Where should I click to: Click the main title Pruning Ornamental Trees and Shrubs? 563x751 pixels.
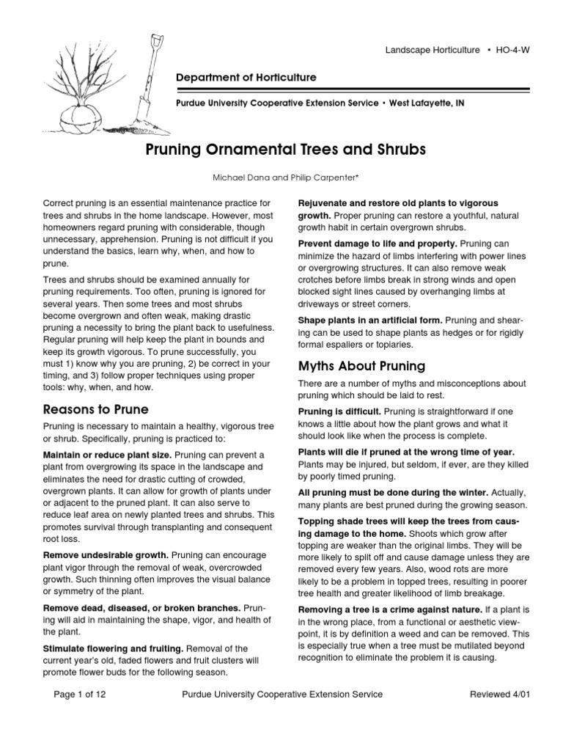tap(281, 150)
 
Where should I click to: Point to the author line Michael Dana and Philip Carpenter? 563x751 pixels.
tap(281, 177)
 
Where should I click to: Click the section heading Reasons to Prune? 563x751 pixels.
tap(95, 409)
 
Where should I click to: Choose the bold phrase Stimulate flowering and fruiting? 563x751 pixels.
tap(114, 648)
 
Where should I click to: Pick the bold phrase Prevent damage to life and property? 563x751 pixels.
tap(377, 243)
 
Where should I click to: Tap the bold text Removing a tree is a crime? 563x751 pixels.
tap(389, 610)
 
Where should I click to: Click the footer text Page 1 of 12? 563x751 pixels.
tap(81, 694)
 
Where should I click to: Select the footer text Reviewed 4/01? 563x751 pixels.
tap(498, 694)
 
